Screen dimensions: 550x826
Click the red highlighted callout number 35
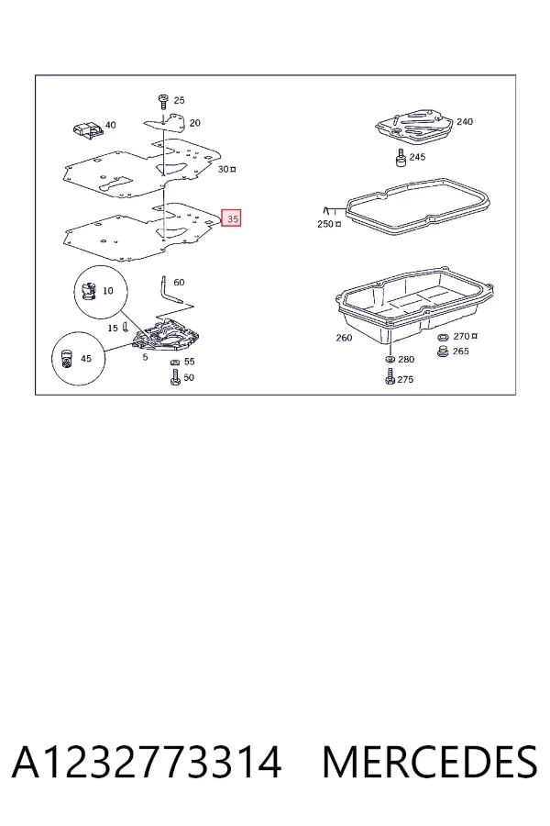232,218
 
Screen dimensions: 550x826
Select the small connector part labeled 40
86,130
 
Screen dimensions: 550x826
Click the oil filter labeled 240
414,126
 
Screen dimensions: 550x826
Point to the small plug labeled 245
401,157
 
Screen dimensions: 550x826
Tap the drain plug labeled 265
443,352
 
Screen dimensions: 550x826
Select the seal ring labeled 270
443,337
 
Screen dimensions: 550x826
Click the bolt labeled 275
390,376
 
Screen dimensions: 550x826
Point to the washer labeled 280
390,359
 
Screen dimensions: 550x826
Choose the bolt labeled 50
176,376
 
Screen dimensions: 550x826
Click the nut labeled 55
176,362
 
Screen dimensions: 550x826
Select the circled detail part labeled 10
88,291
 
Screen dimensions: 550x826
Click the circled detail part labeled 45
66,359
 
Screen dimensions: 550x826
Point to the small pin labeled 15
125,327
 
